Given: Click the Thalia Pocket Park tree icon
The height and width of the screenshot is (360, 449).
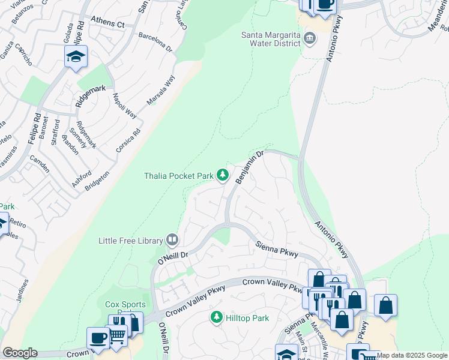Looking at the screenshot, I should pos(223,175).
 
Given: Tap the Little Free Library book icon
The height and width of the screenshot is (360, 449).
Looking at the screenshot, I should pos(172,241).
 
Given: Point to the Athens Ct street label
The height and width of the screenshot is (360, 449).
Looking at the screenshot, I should pos(107,23).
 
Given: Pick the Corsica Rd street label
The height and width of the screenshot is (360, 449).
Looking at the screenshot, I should pos(128,139).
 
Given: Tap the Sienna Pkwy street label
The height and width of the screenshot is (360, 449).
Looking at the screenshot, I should pos(277,250).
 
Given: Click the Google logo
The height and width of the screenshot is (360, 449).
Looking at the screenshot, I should pos(20,353).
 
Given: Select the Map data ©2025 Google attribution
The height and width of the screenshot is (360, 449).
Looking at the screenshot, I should pos(412,355).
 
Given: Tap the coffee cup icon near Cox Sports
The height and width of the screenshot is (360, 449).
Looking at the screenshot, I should pos(98,338).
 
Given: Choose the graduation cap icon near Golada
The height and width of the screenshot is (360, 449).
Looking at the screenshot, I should pos(76,57).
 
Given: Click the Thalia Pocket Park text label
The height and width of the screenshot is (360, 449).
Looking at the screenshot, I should pos(179,176).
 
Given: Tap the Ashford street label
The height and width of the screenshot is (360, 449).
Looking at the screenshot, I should pos(82,178).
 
